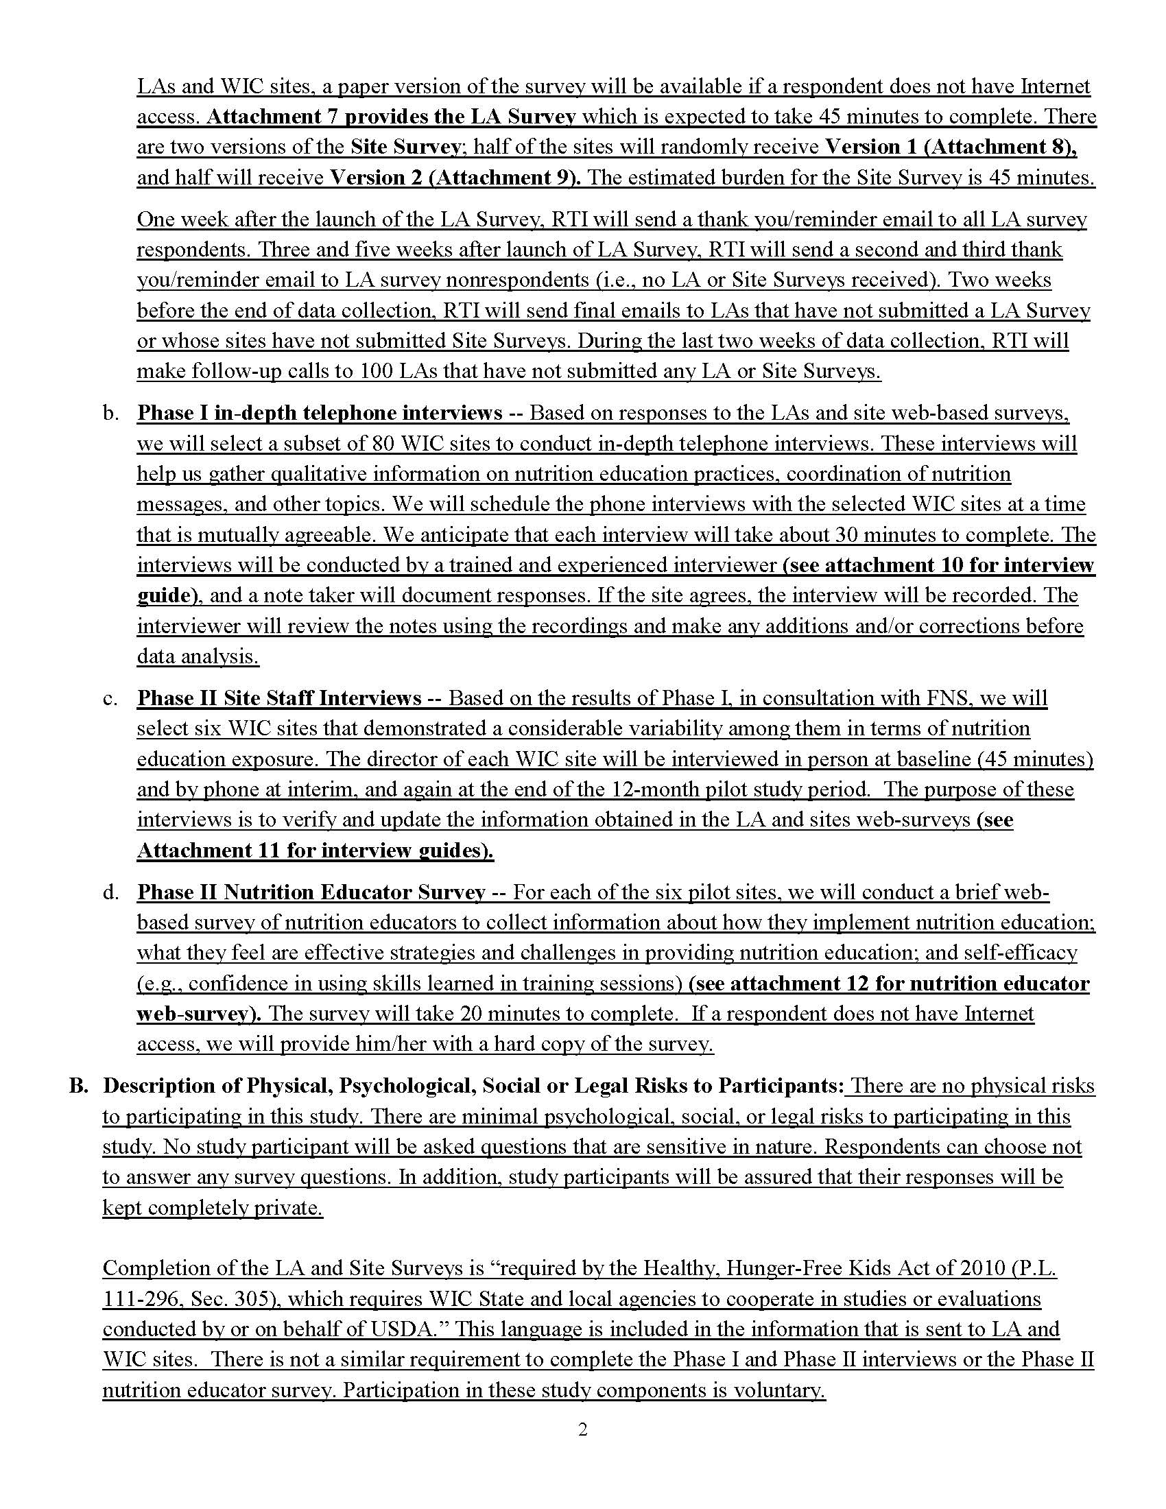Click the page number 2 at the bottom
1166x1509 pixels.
[x=582, y=1429]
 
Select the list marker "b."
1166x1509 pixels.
[x=110, y=413]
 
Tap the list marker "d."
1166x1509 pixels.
[x=110, y=892]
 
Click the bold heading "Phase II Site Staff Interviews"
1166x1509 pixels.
[x=279, y=698]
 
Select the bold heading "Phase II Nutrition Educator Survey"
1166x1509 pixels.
[x=311, y=892]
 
